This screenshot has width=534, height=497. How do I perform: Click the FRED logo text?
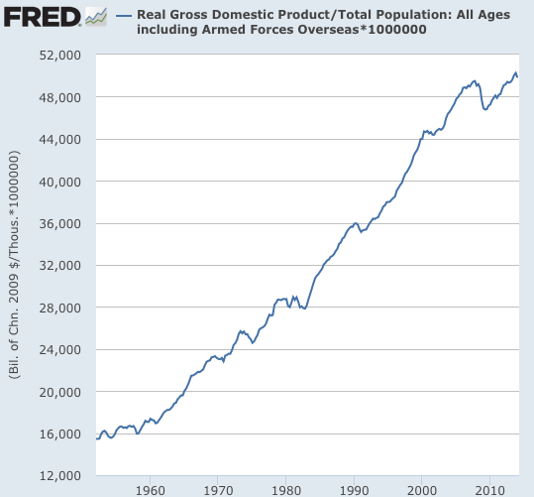41,17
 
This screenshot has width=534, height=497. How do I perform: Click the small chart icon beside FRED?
96,17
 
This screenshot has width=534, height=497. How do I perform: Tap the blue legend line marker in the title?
123,17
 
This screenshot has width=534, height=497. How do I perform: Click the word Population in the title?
353,16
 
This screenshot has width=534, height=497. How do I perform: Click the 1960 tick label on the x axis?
151,489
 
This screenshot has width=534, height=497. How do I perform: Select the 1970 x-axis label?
218,489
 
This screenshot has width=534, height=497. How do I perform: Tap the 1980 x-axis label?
286,489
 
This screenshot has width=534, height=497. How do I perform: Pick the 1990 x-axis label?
354,489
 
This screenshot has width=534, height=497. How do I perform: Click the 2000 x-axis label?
422,489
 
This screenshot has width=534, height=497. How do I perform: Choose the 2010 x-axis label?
489,489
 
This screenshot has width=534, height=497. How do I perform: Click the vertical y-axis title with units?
15,266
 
